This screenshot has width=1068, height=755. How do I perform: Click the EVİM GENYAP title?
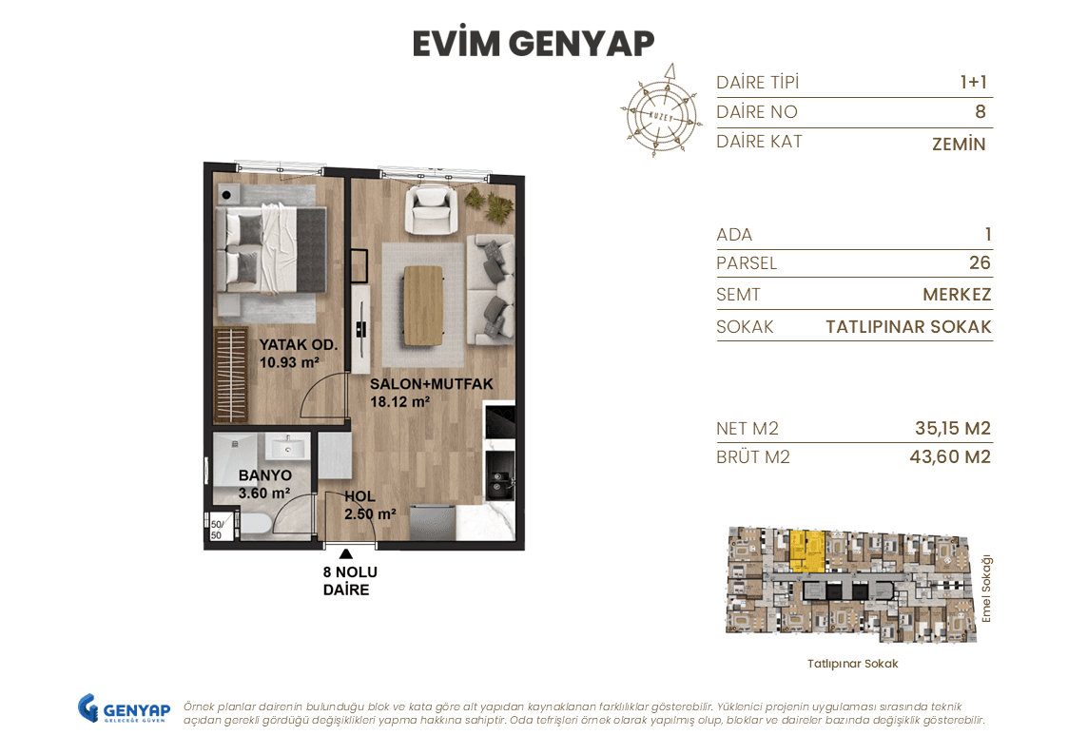534,44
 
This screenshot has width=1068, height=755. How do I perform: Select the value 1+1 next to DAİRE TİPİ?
973,83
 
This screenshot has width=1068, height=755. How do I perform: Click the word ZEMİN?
959,145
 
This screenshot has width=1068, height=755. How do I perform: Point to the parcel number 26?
979,263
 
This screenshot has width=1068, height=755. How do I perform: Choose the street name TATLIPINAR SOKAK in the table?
908,327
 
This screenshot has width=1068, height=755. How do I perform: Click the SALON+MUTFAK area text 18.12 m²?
400,401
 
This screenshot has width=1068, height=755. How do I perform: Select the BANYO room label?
264,475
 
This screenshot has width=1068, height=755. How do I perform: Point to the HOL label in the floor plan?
359,496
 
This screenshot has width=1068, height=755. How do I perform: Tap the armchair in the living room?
432,209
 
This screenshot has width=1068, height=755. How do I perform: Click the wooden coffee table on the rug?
423,304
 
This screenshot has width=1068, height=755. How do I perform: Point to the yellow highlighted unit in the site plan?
806,549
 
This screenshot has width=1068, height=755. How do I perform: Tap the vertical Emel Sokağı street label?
986,589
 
